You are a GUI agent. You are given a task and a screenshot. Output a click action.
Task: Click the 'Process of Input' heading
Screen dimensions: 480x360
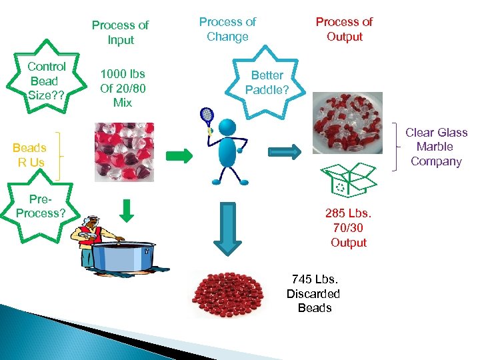(x=120, y=32)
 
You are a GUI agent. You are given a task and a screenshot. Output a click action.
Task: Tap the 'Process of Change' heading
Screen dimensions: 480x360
(x=227, y=29)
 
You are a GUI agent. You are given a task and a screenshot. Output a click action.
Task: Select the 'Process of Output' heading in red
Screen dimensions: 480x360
(x=344, y=29)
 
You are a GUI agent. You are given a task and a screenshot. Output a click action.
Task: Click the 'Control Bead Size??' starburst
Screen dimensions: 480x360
(x=47, y=81)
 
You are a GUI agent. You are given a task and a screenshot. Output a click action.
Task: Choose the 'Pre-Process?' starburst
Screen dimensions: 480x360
(x=41, y=206)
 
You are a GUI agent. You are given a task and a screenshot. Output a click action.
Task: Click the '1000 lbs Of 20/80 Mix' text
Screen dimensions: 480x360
(x=122, y=88)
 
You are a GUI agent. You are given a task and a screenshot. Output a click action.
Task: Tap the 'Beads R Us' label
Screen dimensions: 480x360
(x=29, y=155)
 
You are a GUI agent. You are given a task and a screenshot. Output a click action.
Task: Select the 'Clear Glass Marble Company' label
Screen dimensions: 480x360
(x=437, y=147)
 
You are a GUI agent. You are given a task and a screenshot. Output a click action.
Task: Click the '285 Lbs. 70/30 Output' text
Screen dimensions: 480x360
(x=349, y=228)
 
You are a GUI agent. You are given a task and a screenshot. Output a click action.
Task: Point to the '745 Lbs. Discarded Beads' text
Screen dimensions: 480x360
(x=314, y=293)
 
